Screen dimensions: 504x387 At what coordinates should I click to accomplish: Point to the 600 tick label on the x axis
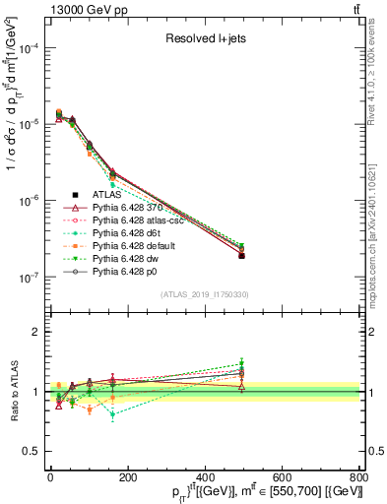(x=282, y=475)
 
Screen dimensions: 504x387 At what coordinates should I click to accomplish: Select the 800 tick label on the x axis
(x=358, y=475)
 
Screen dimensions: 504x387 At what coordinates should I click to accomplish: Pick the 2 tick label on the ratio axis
(x=37, y=332)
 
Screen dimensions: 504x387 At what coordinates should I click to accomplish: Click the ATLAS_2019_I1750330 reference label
(x=205, y=294)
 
